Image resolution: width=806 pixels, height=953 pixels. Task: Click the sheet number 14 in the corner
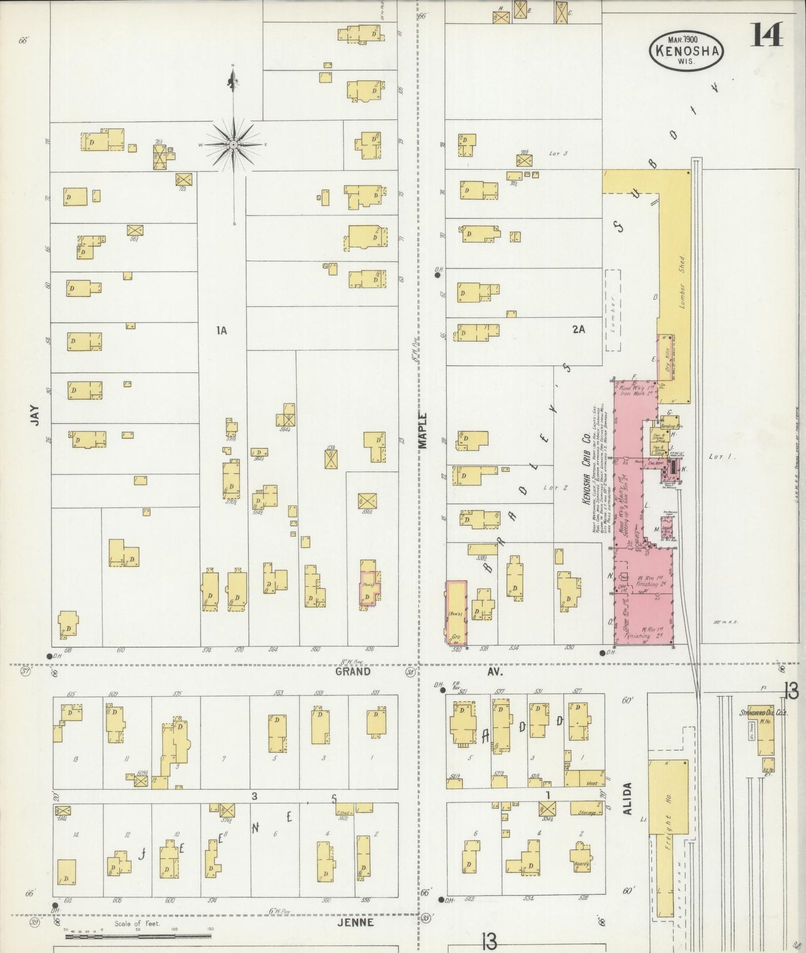coord(766,35)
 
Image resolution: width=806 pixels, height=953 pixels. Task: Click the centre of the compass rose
coord(234,144)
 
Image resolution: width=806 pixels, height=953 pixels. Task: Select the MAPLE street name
coord(422,430)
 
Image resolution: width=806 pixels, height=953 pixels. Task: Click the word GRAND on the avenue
coord(353,671)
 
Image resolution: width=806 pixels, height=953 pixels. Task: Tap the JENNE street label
coord(355,922)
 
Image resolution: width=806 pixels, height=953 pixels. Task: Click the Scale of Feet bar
coord(139,936)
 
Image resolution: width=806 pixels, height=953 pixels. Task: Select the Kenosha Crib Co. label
coord(586,478)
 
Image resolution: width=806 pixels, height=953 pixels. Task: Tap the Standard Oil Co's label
coord(762,713)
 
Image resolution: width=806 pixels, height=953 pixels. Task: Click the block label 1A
coord(221,331)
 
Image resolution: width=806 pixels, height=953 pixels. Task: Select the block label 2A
coord(578,330)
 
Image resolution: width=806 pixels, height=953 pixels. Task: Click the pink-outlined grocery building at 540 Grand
coord(456,612)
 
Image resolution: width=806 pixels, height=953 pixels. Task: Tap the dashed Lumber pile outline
coord(613,310)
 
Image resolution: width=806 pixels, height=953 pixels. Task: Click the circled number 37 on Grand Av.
coord(25,671)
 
